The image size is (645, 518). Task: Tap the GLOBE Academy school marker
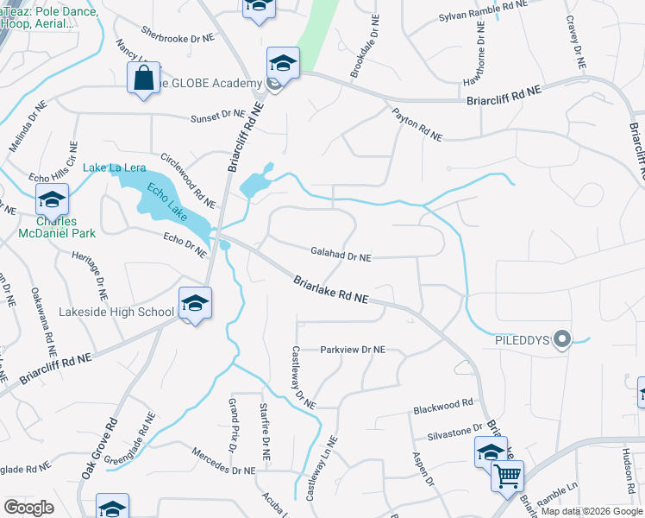tap(282, 64)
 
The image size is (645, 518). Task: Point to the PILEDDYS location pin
tap(562, 339)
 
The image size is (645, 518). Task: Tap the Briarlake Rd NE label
tap(330, 289)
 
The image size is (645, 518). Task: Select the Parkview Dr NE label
tap(352, 350)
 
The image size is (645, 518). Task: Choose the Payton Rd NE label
tap(416, 125)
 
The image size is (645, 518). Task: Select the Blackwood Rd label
tap(443, 403)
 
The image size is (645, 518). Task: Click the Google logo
tap(29, 508)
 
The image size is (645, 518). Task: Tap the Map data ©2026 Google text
tap(592, 511)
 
